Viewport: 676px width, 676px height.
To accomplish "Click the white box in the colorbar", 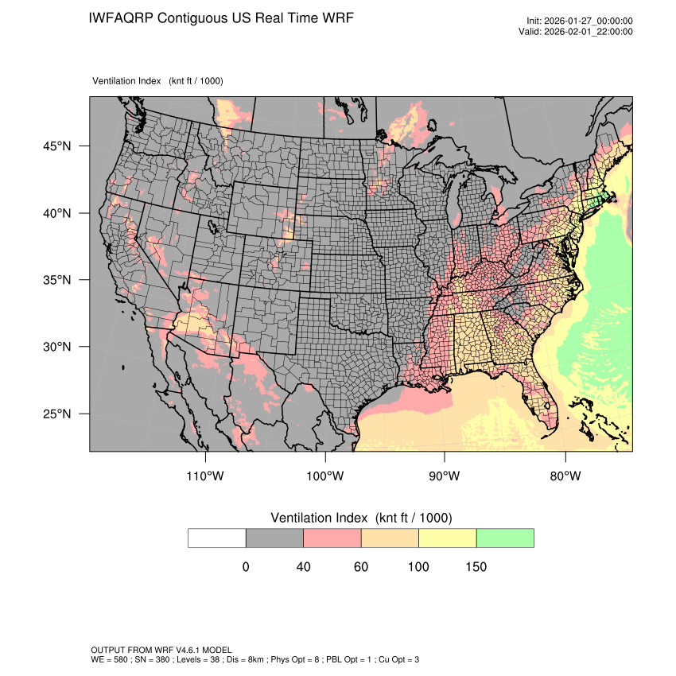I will [217, 538].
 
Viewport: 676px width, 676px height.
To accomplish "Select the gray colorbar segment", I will [274, 538].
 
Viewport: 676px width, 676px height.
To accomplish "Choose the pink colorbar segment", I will [332, 538].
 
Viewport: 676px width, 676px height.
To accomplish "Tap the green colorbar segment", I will [505, 538].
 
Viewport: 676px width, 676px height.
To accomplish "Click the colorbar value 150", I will [476, 567].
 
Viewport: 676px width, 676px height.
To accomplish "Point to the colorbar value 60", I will [361, 567].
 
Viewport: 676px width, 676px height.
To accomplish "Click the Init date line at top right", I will [580, 21].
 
